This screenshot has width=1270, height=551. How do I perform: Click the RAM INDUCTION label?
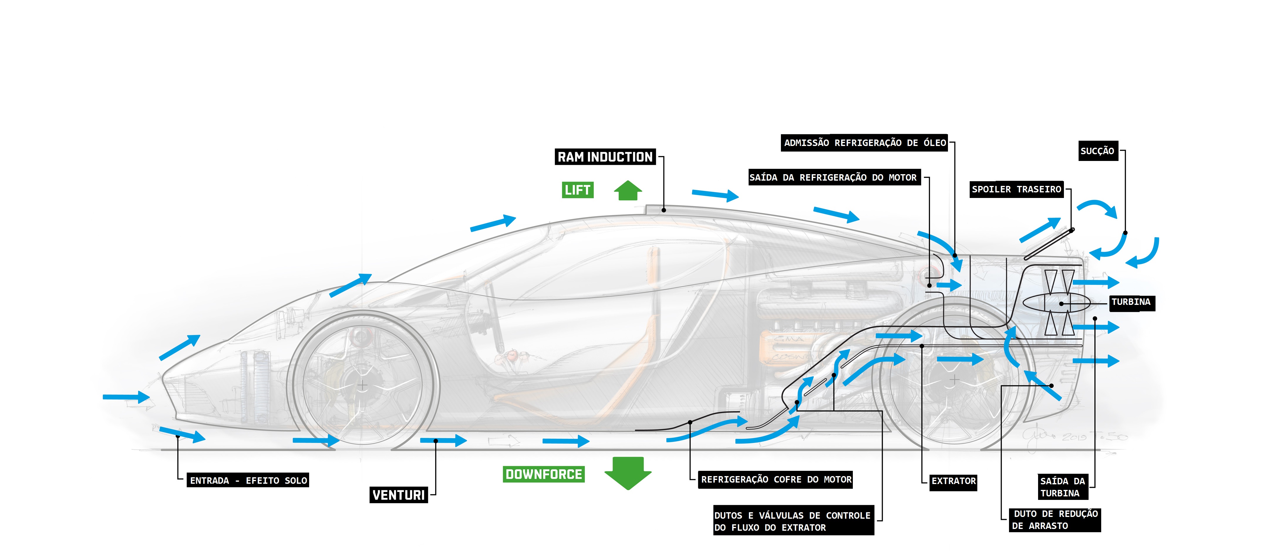pos(605,157)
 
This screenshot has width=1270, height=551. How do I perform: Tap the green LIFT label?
pos(577,190)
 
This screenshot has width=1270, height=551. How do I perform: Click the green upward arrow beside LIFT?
pos(628,190)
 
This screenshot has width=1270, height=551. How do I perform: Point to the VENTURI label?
pos(398,495)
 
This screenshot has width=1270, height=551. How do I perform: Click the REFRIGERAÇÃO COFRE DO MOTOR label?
pos(776,479)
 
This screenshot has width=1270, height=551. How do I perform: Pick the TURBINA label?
pos(1131,302)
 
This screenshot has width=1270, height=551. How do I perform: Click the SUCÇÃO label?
pos(1097,151)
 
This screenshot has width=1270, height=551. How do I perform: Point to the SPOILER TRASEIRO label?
pos(1016,189)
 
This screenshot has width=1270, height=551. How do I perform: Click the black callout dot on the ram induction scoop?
pos(663,210)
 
